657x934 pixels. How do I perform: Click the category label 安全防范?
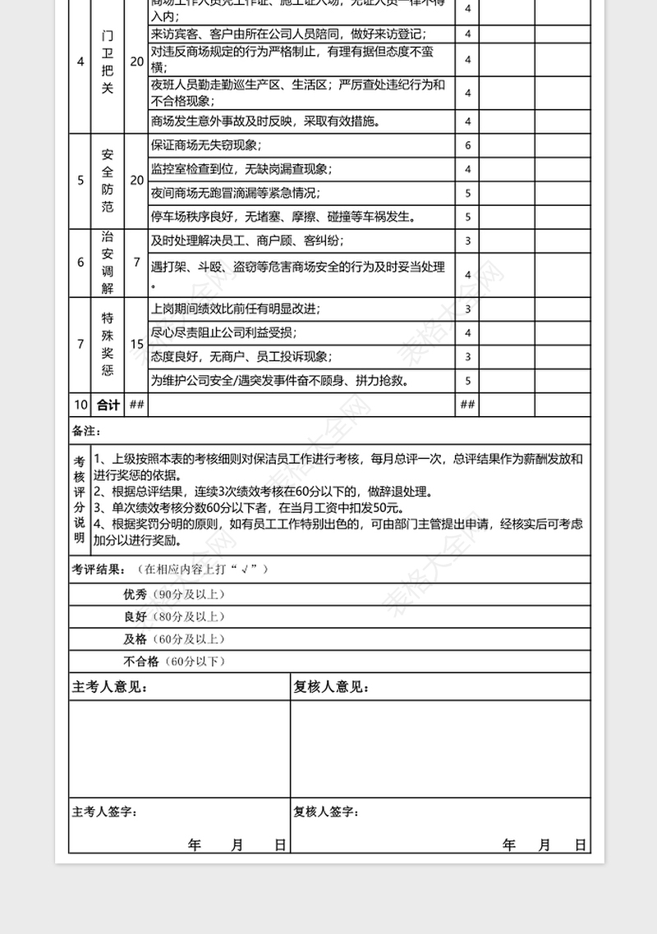click(108, 181)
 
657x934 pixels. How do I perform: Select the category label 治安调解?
click(108, 262)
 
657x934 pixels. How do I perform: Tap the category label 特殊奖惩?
click(108, 344)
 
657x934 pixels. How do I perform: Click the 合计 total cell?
click(108, 405)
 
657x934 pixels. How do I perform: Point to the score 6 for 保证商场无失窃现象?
click(467, 145)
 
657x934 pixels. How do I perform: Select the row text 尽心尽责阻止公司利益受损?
click(224, 332)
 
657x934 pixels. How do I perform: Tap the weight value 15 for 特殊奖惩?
click(136, 344)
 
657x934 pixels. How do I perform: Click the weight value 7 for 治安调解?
click(136, 262)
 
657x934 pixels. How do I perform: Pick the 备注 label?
click(86, 431)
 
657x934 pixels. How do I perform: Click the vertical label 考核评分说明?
click(80, 498)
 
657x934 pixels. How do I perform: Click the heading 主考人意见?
click(110, 687)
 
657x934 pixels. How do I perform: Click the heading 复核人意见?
click(331, 687)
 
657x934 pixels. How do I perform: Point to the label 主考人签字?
click(104, 812)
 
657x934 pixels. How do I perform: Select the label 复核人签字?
click(326, 812)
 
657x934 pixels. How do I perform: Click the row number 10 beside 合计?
click(80, 405)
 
